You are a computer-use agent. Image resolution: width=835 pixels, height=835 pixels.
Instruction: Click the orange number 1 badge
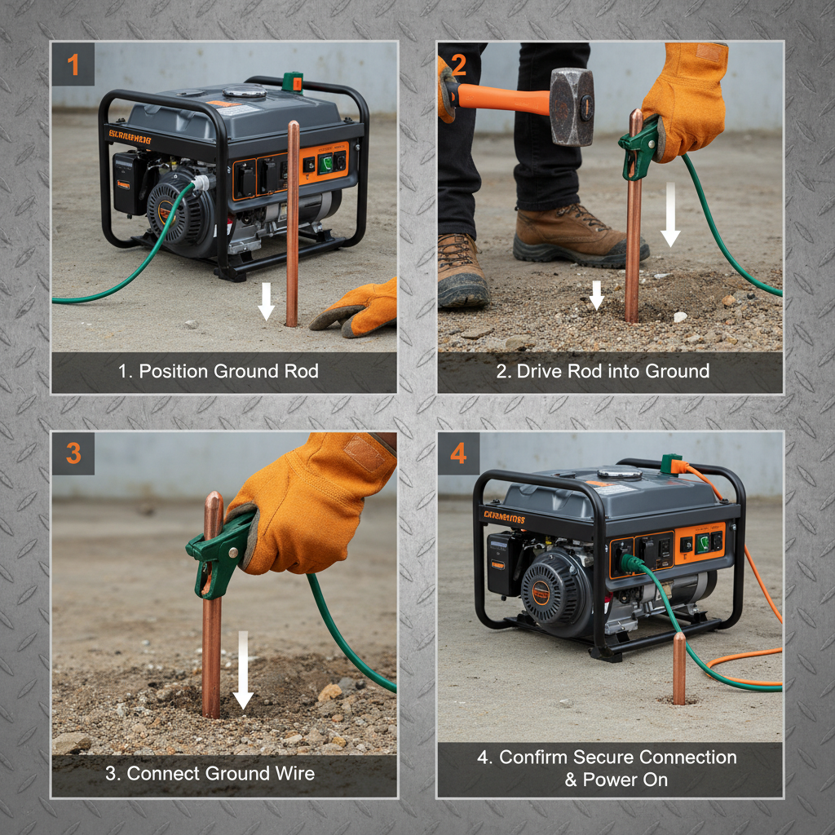pyautogui.click(x=73, y=64)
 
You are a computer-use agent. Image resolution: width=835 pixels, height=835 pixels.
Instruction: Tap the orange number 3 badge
pyautogui.click(x=73, y=453)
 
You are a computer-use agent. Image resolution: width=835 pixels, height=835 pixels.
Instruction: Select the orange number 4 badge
pyautogui.click(x=458, y=453)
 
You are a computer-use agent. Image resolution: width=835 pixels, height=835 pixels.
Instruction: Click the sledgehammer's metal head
pyautogui.click(x=572, y=106)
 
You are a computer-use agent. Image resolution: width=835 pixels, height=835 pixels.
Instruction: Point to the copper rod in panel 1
pyautogui.click(x=292, y=220)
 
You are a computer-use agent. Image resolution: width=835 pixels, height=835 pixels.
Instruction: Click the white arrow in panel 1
pyautogui.click(x=266, y=301)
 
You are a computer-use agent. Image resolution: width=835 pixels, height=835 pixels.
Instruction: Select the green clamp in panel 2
pyautogui.click(x=639, y=147)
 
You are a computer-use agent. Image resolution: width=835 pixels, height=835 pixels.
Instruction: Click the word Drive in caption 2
pyautogui.click(x=537, y=372)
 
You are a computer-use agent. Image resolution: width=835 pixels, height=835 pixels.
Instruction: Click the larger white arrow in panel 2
pyautogui.click(x=670, y=213)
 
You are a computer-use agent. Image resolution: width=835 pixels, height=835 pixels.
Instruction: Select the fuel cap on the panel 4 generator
pyautogui.click(x=619, y=474)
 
